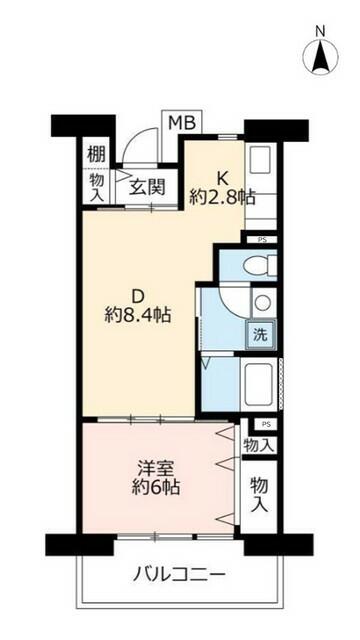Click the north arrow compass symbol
(320, 57)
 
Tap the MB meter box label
(182, 122)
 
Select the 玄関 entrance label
(147, 187)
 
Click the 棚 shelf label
(97, 154)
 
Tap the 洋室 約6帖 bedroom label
(156, 478)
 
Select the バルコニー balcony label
(179, 576)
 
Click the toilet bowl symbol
(260, 266)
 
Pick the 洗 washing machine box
(260, 335)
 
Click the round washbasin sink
(262, 302)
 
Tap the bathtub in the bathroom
(258, 384)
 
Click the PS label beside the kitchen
(262, 240)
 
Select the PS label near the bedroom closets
(266, 424)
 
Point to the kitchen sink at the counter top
(260, 158)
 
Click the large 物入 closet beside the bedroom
(259, 495)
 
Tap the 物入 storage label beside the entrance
(97, 187)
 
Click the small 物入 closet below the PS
(258, 445)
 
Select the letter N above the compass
(321, 31)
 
